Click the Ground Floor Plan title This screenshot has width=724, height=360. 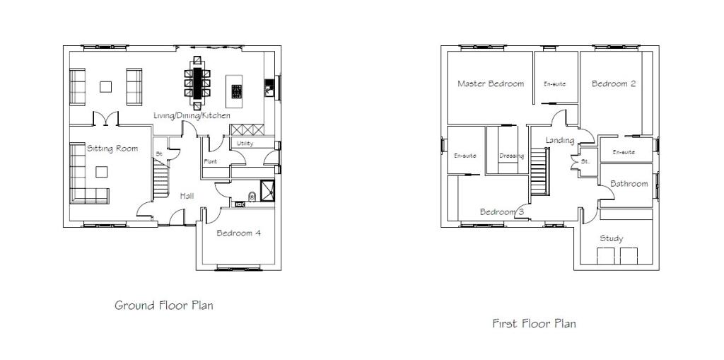(x=164, y=306)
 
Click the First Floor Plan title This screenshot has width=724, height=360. (x=535, y=323)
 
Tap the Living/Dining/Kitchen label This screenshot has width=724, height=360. (x=192, y=115)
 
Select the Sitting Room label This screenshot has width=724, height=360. (x=112, y=149)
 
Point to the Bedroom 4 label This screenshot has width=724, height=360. (x=239, y=233)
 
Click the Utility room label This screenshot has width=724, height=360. (x=245, y=144)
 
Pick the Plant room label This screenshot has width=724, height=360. (x=210, y=162)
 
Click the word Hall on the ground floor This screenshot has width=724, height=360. (x=187, y=196)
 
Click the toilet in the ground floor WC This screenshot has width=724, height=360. (x=252, y=197)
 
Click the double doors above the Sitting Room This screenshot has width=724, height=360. (x=106, y=118)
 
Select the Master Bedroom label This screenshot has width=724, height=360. (x=491, y=83)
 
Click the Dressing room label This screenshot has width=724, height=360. (x=512, y=156)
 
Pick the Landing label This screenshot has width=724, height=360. (x=560, y=141)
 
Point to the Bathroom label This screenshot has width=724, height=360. (x=629, y=184)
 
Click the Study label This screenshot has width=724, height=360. (x=612, y=238)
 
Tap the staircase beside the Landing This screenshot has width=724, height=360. (x=539, y=171)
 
